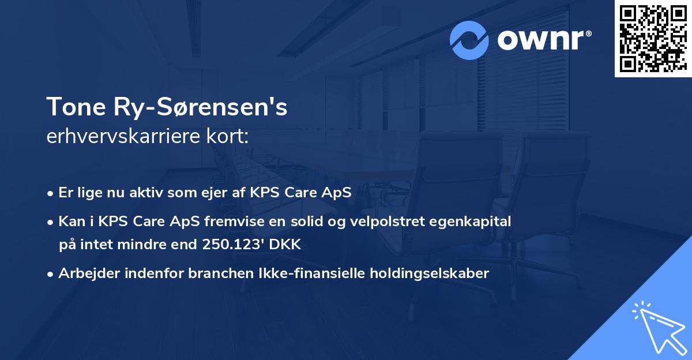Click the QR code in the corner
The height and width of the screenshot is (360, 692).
[652, 38]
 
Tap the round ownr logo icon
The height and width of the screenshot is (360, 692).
[470, 40]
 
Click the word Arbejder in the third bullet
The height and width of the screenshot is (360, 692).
[85, 273]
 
